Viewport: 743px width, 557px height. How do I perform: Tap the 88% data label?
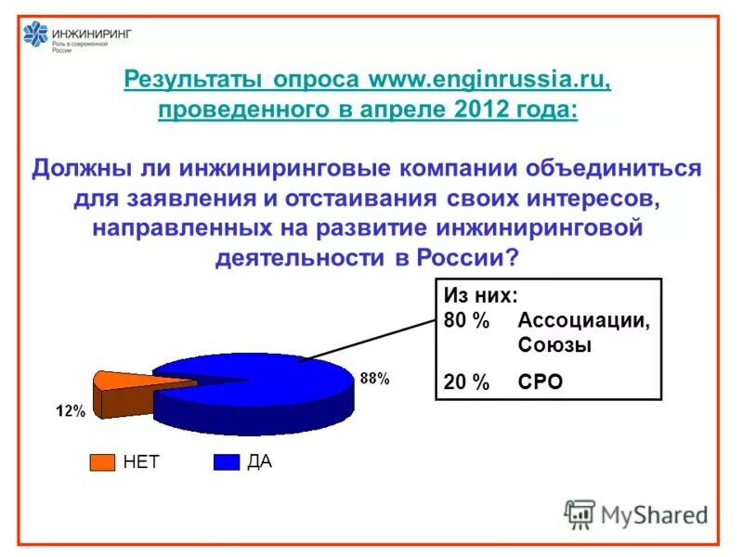(x=375, y=379)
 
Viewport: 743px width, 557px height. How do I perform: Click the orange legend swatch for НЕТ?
(x=102, y=461)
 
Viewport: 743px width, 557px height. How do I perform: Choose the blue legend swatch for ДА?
(x=227, y=461)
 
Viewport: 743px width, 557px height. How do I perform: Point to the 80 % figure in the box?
(x=466, y=321)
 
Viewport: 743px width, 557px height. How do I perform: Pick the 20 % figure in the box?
(x=466, y=382)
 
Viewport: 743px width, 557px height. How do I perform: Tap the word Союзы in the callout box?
(x=554, y=346)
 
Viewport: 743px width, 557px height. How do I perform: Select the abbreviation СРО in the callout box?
(x=541, y=382)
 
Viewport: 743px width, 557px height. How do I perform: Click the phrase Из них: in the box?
(x=481, y=296)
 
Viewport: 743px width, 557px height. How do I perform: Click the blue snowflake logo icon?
(x=36, y=36)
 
